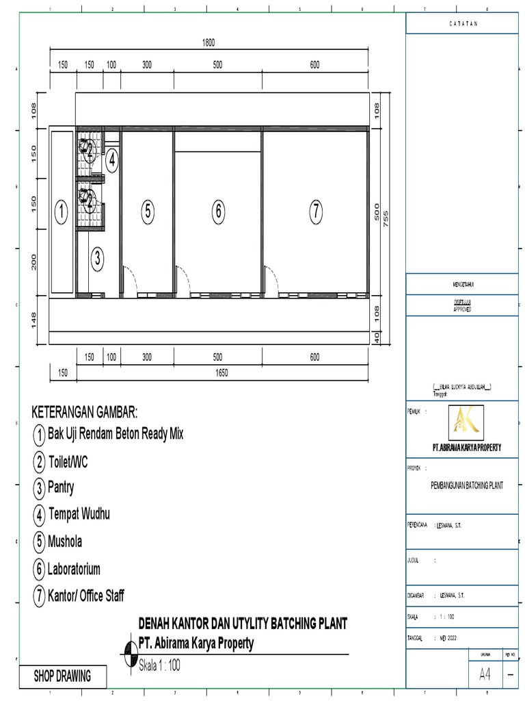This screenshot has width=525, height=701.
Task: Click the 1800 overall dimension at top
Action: [208, 42]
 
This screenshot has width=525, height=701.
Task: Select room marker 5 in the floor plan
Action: [148, 212]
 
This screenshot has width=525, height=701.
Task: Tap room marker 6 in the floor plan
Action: [218, 212]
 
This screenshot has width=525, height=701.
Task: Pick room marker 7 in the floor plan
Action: [315, 212]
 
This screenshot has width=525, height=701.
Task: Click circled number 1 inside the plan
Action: [62, 212]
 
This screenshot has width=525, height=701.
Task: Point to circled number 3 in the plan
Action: [98, 258]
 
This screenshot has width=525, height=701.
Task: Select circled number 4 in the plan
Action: [111, 162]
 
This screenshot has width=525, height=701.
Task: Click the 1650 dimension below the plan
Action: [221, 373]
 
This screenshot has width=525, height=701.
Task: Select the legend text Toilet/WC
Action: [68, 462]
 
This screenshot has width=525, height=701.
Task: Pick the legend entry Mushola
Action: [65, 541]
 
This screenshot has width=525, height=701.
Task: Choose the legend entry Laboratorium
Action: [74, 569]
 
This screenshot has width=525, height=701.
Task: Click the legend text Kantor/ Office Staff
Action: [86, 596]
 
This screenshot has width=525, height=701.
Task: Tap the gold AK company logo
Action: [466, 422]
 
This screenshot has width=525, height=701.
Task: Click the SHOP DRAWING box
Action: [62, 676]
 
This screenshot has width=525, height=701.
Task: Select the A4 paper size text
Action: [485, 674]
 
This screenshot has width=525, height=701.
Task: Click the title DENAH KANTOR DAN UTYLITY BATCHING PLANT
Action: [243, 624]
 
